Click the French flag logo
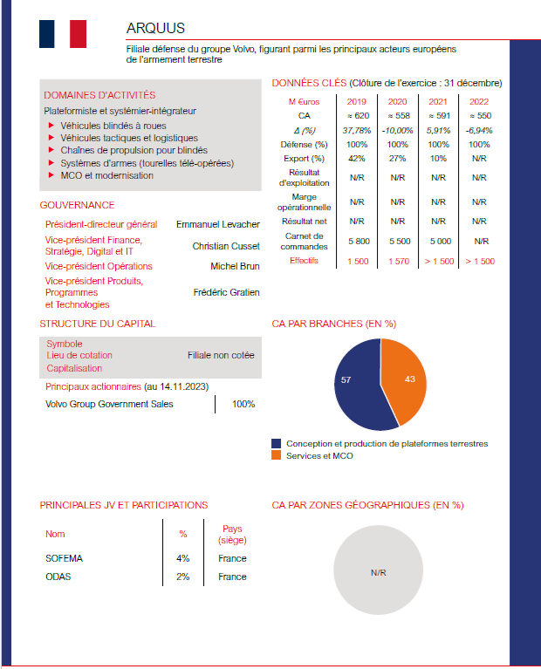[63, 34]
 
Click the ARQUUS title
[155, 29]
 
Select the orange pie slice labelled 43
[406, 381]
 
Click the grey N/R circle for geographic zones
[378, 573]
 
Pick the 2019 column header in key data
[357, 102]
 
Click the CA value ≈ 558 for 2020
[397, 116]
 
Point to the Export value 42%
[357, 159]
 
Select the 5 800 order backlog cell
[358, 241]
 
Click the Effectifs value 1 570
[398, 261]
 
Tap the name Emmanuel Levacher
[218, 225]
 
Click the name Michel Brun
[235, 266]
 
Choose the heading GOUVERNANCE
[77, 205]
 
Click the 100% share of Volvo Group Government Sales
[243, 404]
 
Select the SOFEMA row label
[64, 558]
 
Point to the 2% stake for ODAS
[183, 577]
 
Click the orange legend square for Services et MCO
[277, 455]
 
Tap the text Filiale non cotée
[221, 356]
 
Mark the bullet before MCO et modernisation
[52, 175]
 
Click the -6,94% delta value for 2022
[479, 130]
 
